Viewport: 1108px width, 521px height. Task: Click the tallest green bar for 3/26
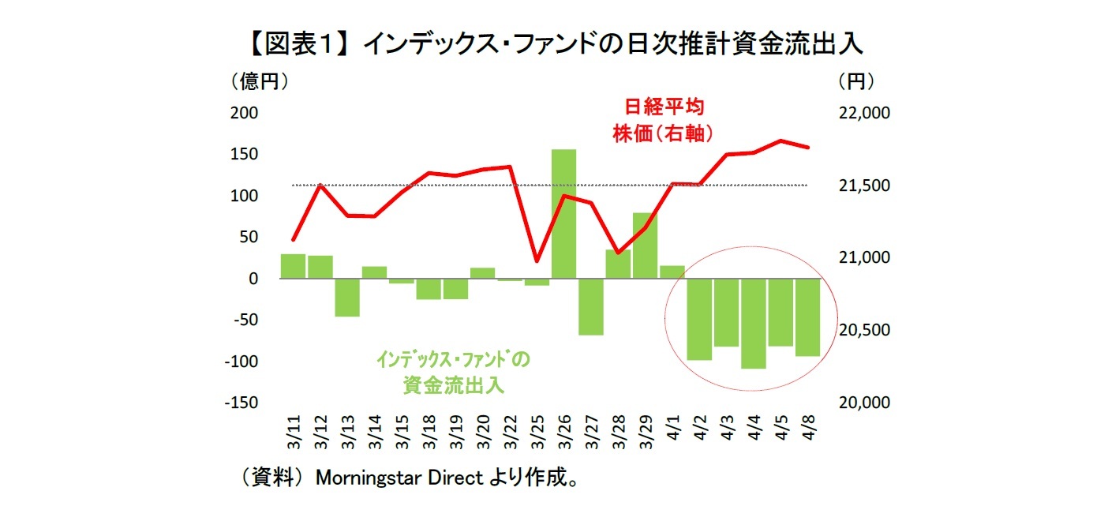(563, 213)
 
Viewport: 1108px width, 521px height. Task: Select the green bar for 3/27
(590, 306)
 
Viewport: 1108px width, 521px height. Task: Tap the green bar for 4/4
(753, 324)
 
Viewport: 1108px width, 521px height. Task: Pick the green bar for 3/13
(347, 297)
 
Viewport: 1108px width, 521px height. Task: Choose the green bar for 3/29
(645, 246)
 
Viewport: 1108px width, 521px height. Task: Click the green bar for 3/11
(293, 266)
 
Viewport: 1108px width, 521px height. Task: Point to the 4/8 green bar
(807, 317)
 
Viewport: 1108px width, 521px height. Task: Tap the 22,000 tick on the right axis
(864, 113)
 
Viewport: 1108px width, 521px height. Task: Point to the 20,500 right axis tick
(864, 330)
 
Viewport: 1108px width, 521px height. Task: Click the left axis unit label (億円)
(258, 81)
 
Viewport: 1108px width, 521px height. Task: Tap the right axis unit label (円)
(856, 81)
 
